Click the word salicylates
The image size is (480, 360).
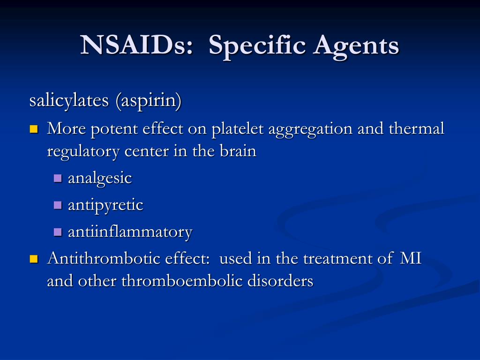point(69,100)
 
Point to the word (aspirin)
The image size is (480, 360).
point(149,101)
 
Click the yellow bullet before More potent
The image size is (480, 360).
point(34,129)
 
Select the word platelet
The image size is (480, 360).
point(238,129)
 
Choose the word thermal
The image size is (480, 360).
point(416,128)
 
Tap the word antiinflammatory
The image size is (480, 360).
point(130,232)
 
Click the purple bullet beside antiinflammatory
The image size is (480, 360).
point(58,232)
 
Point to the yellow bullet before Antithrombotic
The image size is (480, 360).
point(34,259)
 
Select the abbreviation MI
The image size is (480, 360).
point(411,258)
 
